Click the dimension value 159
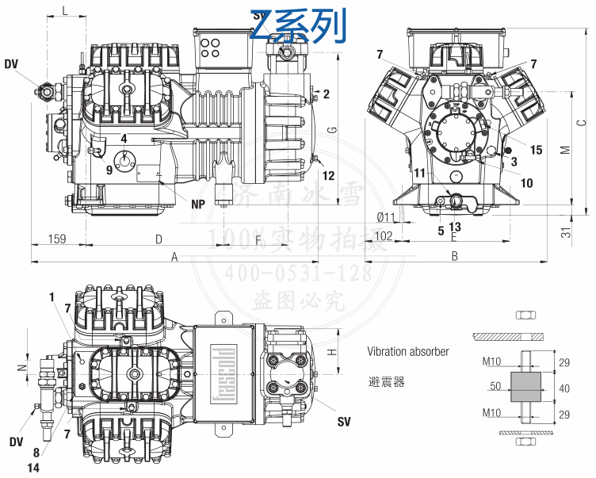[x=56, y=238]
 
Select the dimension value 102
[x=384, y=235]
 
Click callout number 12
[x=328, y=175]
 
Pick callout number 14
[x=32, y=468]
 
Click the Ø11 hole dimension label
[x=386, y=217]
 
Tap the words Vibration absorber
[x=407, y=351]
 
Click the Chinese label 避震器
[x=386, y=382]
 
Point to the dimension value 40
[x=564, y=388]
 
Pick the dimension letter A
[x=174, y=256]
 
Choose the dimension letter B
[x=455, y=256]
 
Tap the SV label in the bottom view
[x=343, y=421]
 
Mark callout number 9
[x=109, y=169]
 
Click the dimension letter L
[x=64, y=10]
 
